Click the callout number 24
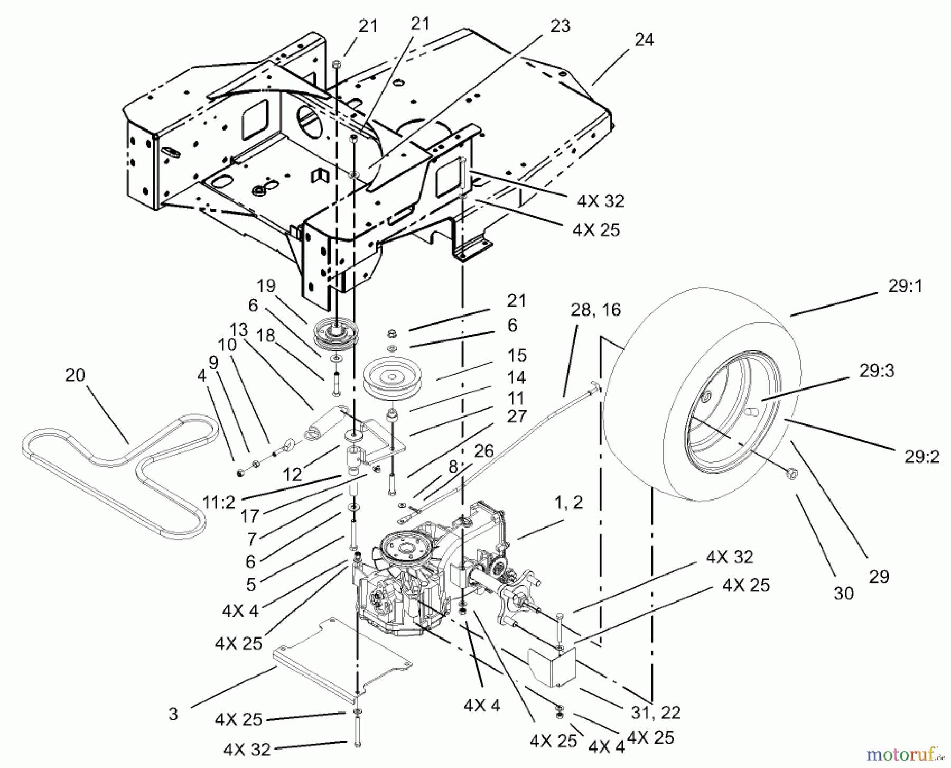click(x=644, y=40)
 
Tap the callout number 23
click(x=560, y=26)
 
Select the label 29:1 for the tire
click(x=905, y=286)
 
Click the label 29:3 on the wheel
click(x=877, y=371)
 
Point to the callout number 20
click(x=75, y=375)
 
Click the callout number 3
click(x=173, y=714)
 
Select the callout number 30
click(x=843, y=594)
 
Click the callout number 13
click(x=239, y=329)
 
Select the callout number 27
click(x=516, y=416)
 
